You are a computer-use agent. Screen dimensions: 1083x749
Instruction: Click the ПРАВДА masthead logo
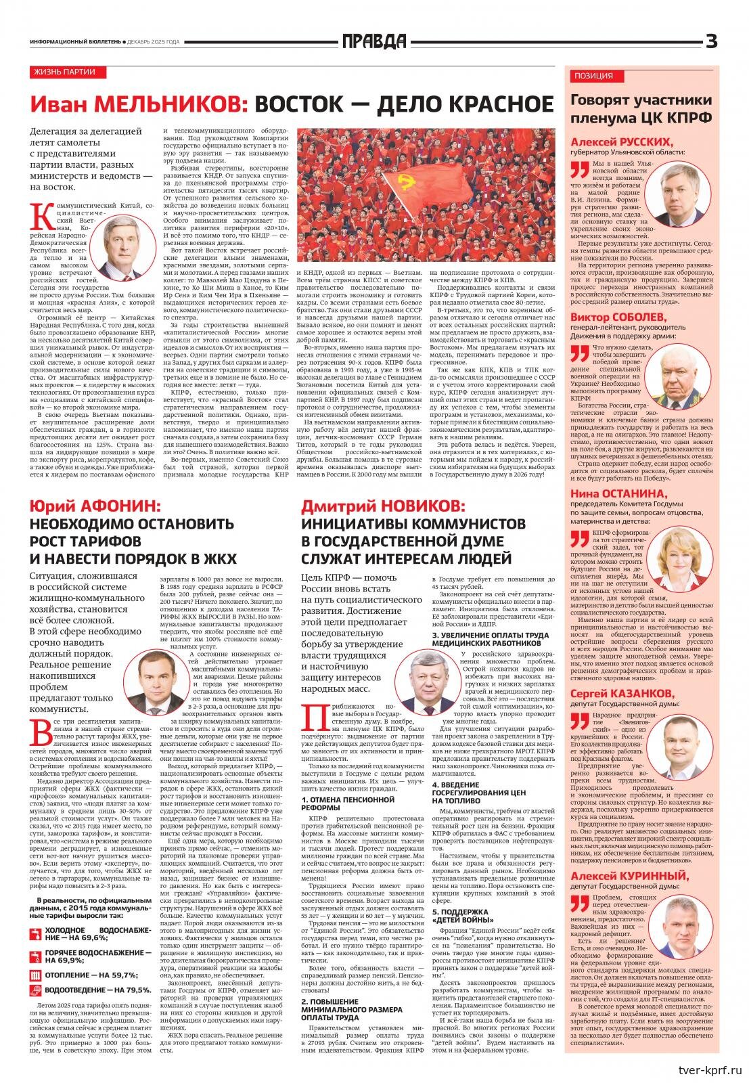point(374,42)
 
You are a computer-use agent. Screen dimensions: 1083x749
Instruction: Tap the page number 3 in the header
point(710,42)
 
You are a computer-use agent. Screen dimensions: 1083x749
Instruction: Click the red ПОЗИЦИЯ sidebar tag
point(593,76)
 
